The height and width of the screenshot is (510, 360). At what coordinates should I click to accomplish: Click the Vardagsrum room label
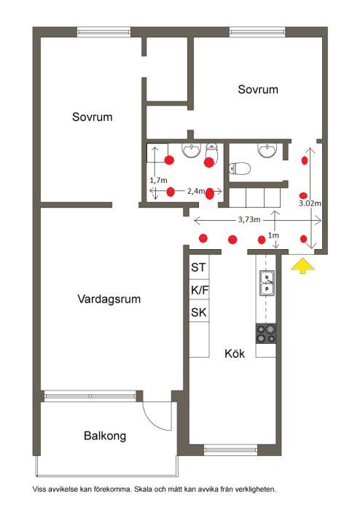(x=109, y=299)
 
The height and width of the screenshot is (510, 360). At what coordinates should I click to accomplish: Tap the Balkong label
(x=105, y=436)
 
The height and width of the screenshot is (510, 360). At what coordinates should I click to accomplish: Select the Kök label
(x=235, y=353)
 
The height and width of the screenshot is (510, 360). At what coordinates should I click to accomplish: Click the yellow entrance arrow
(x=302, y=265)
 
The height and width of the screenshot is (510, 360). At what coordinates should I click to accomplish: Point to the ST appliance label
(x=198, y=267)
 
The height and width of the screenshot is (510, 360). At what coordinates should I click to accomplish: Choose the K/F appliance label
(x=200, y=290)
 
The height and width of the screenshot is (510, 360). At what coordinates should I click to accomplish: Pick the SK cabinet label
(x=199, y=313)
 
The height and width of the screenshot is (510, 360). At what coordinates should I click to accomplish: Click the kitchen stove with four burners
(x=266, y=334)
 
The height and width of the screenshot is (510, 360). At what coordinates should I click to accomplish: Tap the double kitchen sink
(x=267, y=283)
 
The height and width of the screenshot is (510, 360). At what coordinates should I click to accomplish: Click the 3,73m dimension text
(x=249, y=219)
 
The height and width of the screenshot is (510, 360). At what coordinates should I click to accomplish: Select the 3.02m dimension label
(x=310, y=203)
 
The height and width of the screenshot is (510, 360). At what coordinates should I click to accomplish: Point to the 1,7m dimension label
(x=158, y=180)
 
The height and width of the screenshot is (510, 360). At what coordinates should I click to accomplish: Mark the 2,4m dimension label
(x=196, y=191)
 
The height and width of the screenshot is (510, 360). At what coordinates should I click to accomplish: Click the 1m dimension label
(x=273, y=235)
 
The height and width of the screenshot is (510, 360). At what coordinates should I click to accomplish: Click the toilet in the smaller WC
(x=240, y=168)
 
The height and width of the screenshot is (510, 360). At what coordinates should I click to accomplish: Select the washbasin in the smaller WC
(x=267, y=150)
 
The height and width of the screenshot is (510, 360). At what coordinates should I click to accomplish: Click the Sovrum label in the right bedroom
(x=258, y=90)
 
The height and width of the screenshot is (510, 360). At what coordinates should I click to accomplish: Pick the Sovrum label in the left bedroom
(x=92, y=117)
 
